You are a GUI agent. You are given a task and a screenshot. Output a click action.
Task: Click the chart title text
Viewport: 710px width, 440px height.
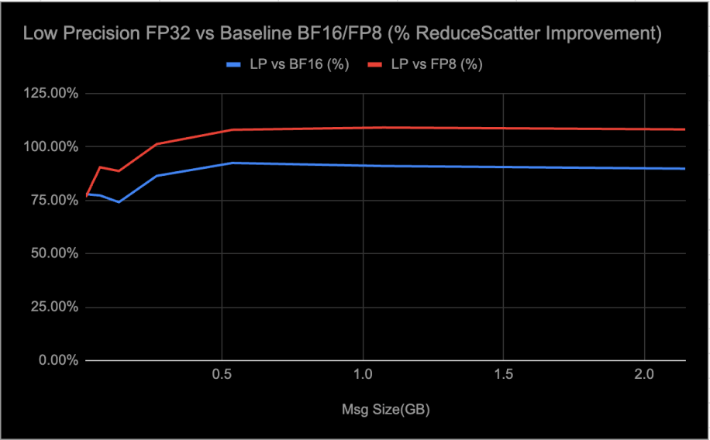click(342, 34)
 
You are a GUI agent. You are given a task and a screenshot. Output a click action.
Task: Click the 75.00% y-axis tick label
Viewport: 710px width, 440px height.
click(53, 201)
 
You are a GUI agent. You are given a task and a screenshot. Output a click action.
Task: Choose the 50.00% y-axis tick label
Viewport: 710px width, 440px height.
click(53, 254)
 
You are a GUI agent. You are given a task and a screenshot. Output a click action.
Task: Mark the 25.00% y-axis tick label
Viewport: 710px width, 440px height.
click(53, 308)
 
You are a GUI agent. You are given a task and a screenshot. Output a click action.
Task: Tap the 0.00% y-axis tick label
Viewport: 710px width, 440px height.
click(57, 361)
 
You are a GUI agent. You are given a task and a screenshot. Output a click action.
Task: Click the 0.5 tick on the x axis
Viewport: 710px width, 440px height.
click(222, 374)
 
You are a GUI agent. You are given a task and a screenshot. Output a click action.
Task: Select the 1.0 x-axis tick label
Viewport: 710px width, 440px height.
click(364, 374)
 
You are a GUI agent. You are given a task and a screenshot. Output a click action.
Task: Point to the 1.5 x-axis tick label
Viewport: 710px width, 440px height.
click(504, 374)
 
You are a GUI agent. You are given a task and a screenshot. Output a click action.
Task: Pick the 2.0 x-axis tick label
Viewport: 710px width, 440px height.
click(645, 374)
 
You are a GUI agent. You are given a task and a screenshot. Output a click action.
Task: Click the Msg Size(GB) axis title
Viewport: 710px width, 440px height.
click(386, 407)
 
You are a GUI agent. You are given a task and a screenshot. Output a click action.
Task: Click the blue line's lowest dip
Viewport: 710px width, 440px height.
click(119, 202)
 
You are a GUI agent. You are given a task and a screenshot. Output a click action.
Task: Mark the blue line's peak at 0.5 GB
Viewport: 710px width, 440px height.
click(232, 163)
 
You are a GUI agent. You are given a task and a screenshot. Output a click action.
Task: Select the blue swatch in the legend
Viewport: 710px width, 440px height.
click(230, 64)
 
